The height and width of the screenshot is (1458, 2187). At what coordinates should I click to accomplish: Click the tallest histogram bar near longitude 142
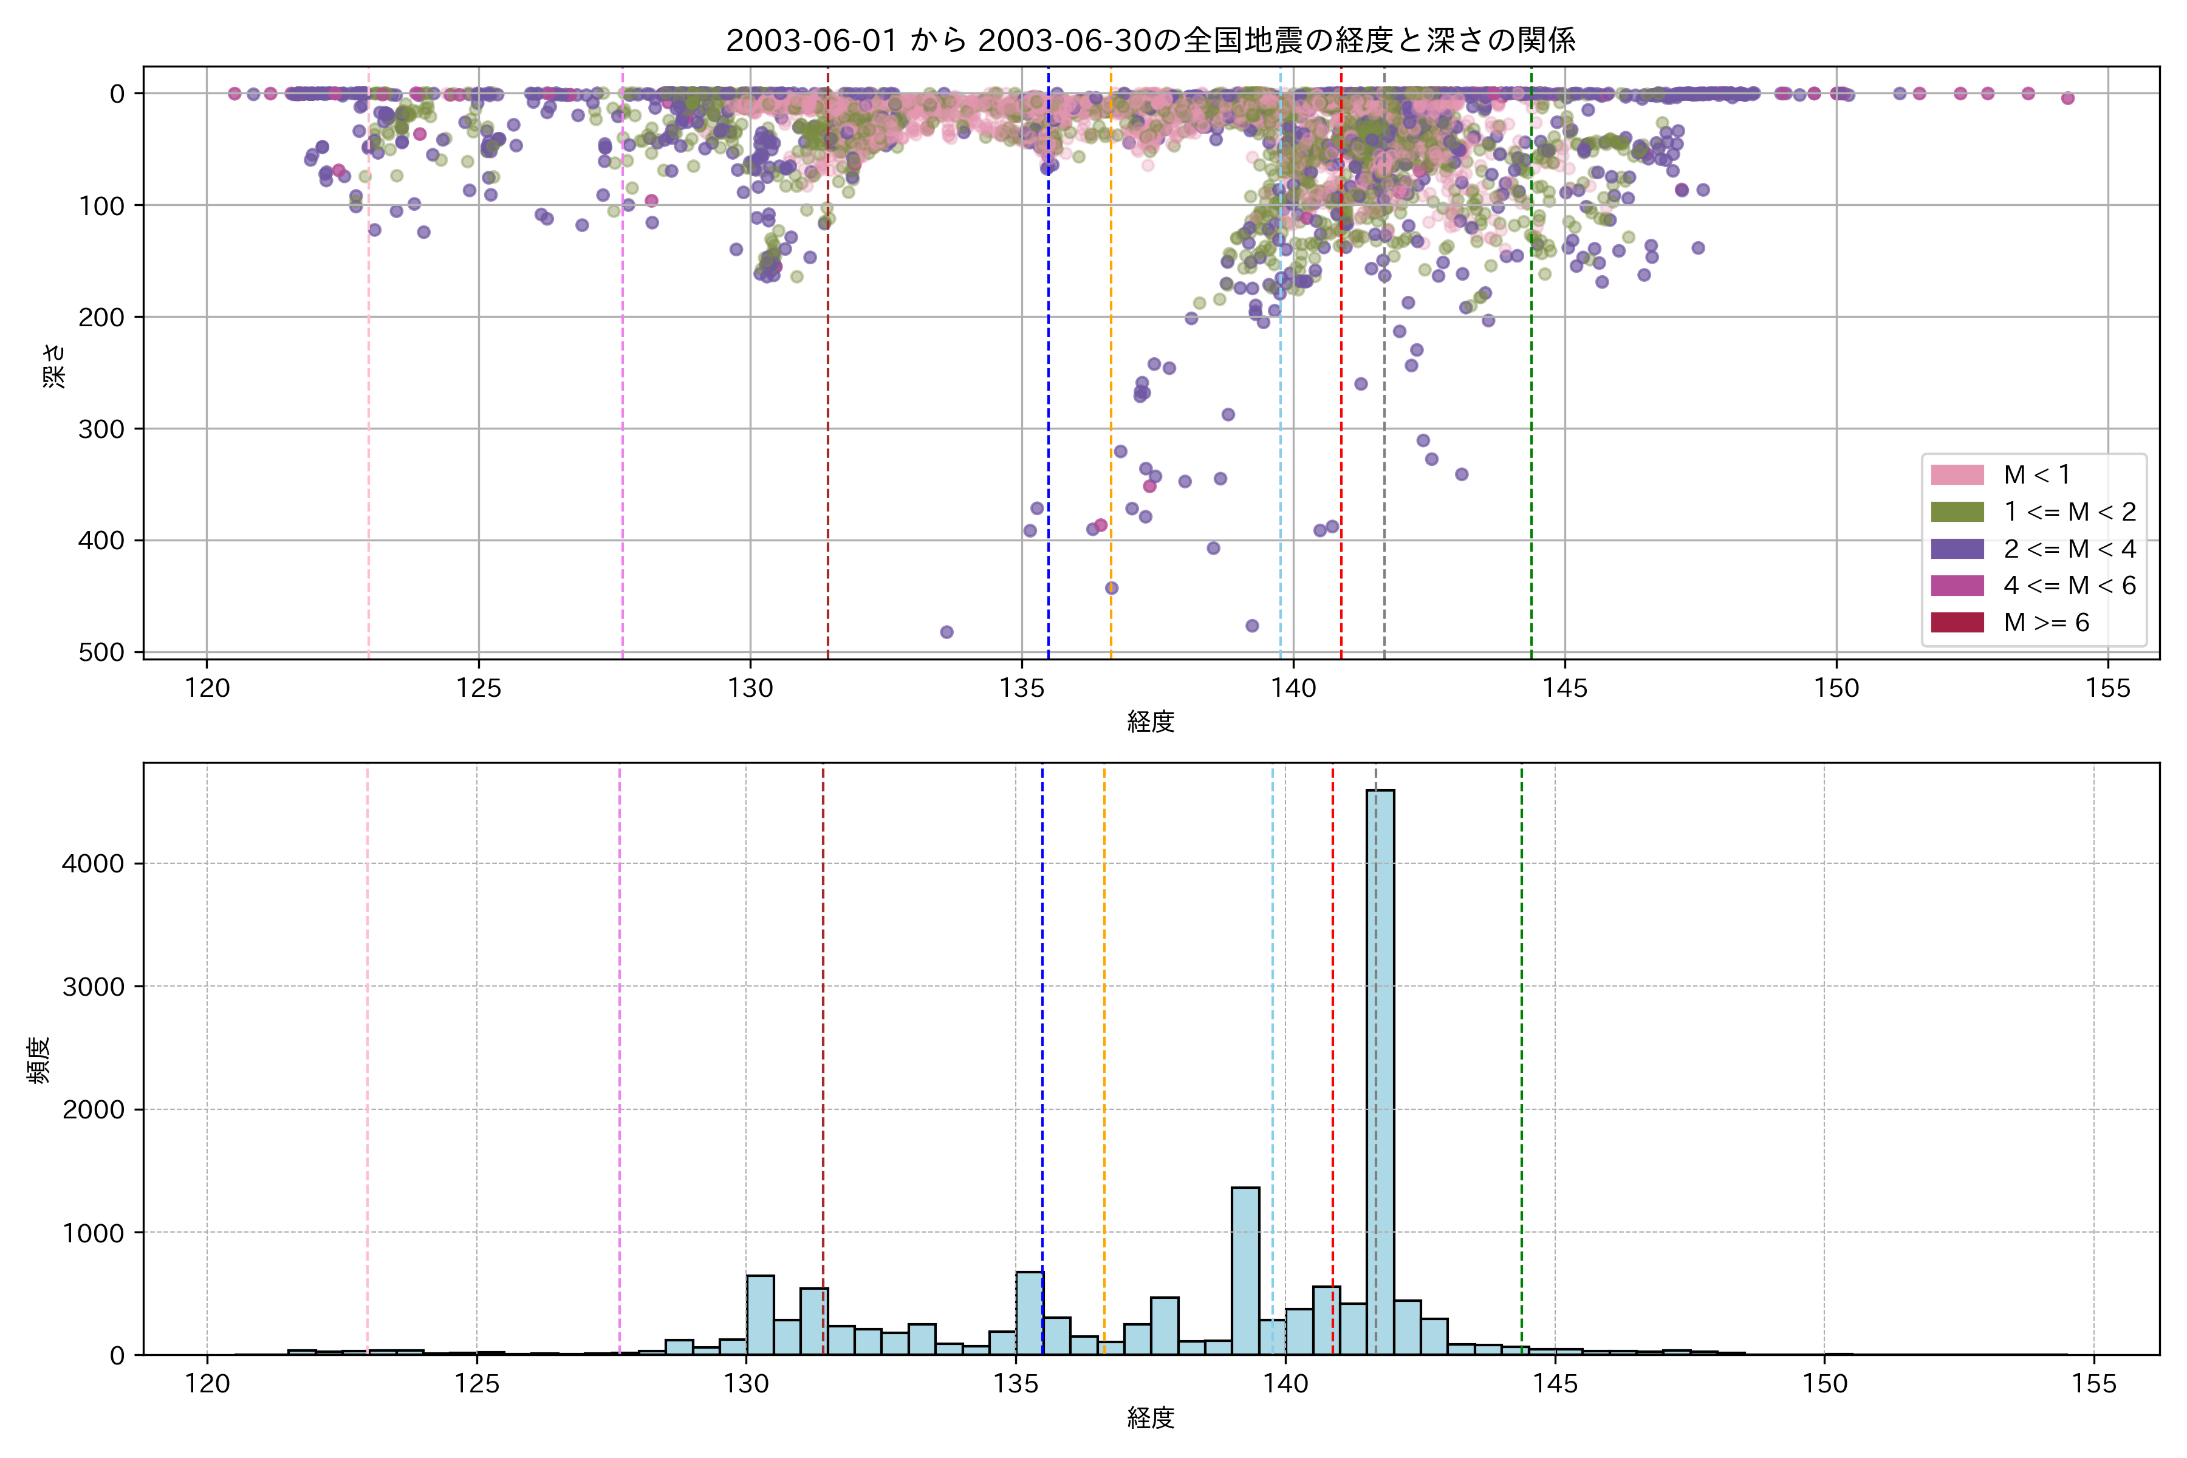pos(1380,1069)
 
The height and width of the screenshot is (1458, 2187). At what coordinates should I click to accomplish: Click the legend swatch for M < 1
pos(1957,475)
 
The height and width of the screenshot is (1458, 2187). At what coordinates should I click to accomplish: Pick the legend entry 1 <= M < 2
pos(2069,512)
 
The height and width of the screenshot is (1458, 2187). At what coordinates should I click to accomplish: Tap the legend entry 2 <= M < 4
pos(2069,549)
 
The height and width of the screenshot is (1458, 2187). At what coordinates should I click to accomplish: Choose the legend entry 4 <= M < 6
pos(2069,585)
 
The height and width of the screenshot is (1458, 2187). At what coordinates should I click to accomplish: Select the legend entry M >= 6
pos(2045,622)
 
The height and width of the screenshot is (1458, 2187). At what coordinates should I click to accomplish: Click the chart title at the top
pos(1150,40)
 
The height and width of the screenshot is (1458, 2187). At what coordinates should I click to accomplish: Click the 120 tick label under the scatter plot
pos(207,689)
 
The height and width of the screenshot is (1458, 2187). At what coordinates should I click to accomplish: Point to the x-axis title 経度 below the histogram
pos(1150,1418)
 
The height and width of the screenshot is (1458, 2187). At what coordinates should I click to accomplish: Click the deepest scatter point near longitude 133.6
pos(946,632)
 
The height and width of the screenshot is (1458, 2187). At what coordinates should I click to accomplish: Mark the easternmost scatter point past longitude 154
pos(2067,98)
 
